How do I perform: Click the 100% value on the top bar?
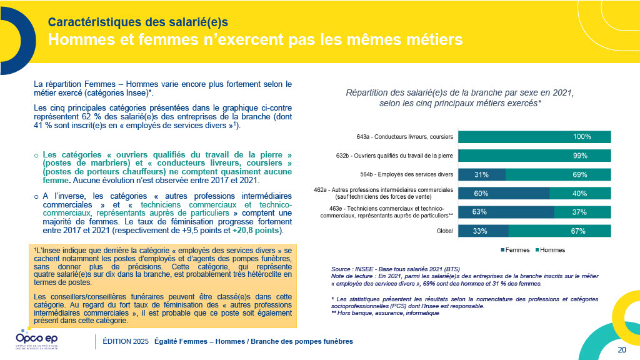[582, 137]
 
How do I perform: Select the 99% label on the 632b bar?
[582, 156]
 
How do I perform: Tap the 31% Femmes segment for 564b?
[481, 174]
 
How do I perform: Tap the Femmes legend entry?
[516, 250]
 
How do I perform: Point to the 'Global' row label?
[444, 231]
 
